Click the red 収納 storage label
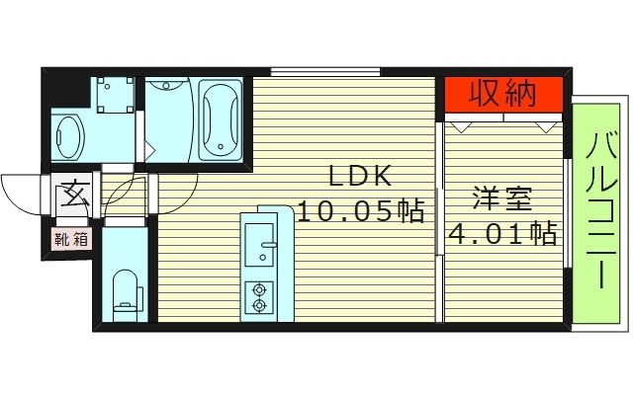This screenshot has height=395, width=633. [x=503, y=95]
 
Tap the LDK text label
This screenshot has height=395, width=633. [x=361, y=178]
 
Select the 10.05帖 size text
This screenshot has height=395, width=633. [x=361, y=210]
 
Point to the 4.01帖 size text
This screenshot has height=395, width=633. [x=502, y=235]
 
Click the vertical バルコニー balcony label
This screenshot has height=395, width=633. [x=599, y=212]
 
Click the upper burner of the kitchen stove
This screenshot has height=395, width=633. [x=261, y=288]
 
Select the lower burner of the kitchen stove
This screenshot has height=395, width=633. [x=261, y=305]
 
